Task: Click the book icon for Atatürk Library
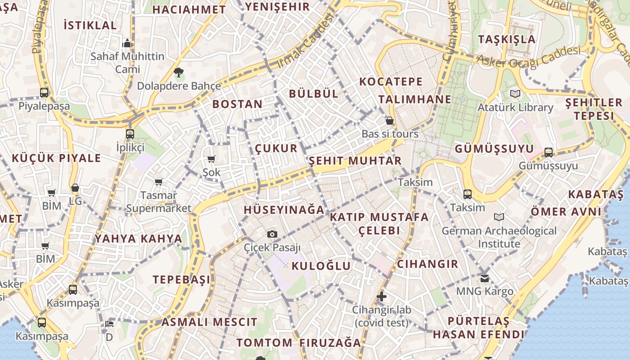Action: [515, 94]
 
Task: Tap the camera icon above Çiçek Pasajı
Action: [272, 234]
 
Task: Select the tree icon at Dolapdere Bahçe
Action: [179, 72]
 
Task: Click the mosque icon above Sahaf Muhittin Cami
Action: [127, 43]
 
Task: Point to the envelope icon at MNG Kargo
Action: [484, 278]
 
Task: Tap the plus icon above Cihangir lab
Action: [381, 296]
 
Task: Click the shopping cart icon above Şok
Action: [211, 159]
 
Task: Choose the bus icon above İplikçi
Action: [130, 134]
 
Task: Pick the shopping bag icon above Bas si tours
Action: [390, 121]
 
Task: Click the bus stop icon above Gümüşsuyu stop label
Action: [548, 152]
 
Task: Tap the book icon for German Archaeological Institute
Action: [499, 217]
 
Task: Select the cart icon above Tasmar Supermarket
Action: [158, 182]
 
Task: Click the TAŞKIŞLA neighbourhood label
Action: [507, 39]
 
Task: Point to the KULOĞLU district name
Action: [321, 265]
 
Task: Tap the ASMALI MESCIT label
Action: [209, 322]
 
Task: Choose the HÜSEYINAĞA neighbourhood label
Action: [284, 210]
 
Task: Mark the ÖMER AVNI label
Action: [566, 211]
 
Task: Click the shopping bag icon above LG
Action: [75, 188]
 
